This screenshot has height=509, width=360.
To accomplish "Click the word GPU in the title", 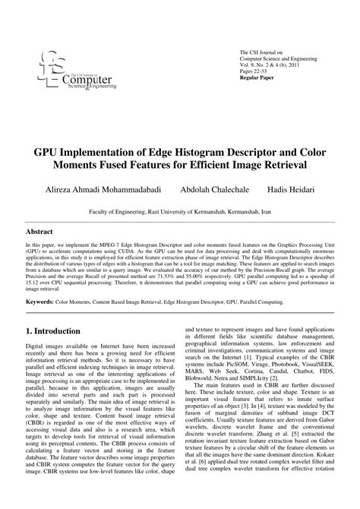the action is coord(47,151).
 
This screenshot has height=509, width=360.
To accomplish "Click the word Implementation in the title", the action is coord(111,151).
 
